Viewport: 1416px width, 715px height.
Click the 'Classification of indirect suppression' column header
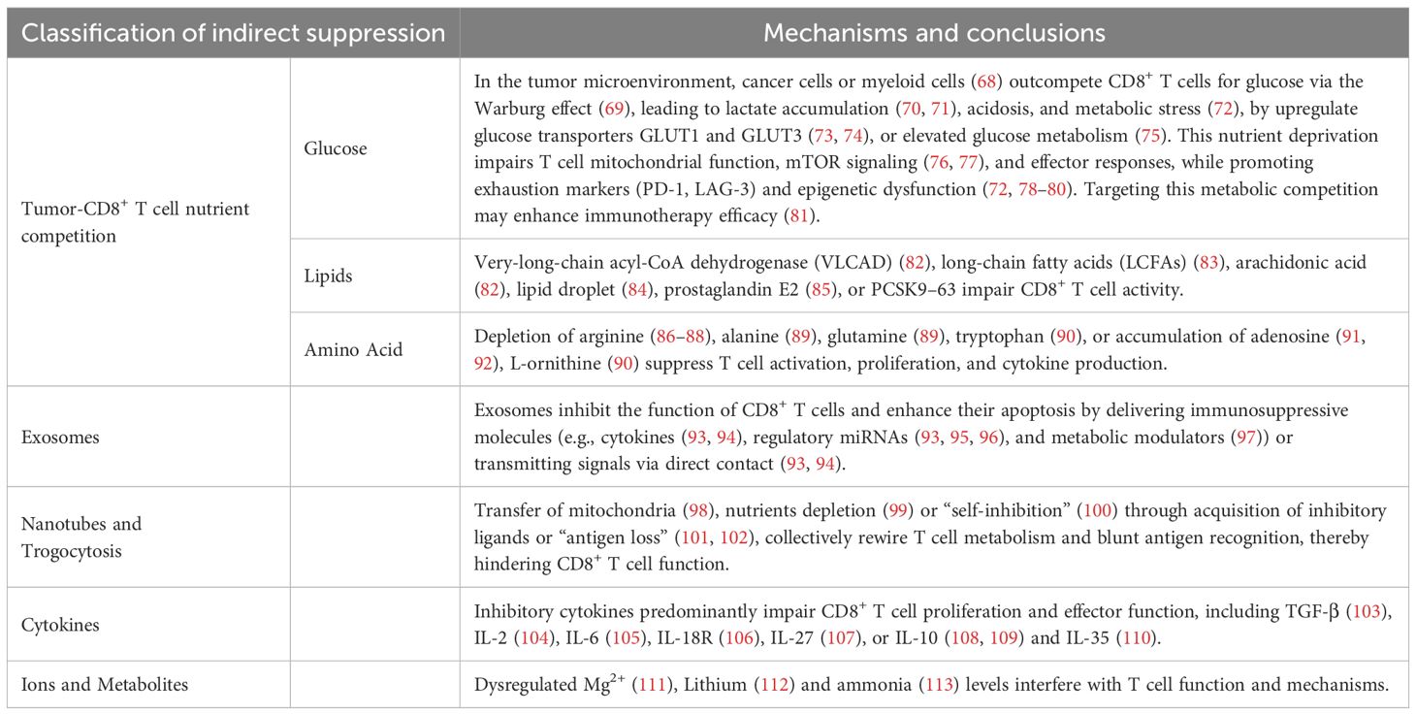tap(233, 33)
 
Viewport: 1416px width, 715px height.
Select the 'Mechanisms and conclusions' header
tap(934, 33)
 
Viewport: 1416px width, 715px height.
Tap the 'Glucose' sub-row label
tap(337, 149)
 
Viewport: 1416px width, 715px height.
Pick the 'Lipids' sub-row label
tap(327, 276)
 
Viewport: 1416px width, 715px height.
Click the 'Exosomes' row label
tap(60, 438)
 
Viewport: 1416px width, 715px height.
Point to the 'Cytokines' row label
tap(60, 625)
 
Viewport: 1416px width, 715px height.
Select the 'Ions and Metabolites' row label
tap(105, 685)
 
